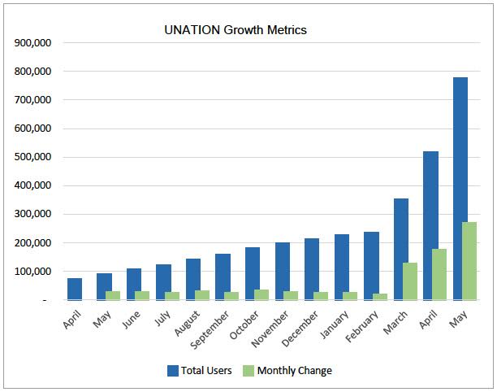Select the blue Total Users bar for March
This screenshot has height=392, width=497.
pyautogui.click(x=400, y=249)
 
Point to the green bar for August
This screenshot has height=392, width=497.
pyautogui.click(x=202, y=295)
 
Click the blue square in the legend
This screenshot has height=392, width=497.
pyautogui.click(x=173, y=371)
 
